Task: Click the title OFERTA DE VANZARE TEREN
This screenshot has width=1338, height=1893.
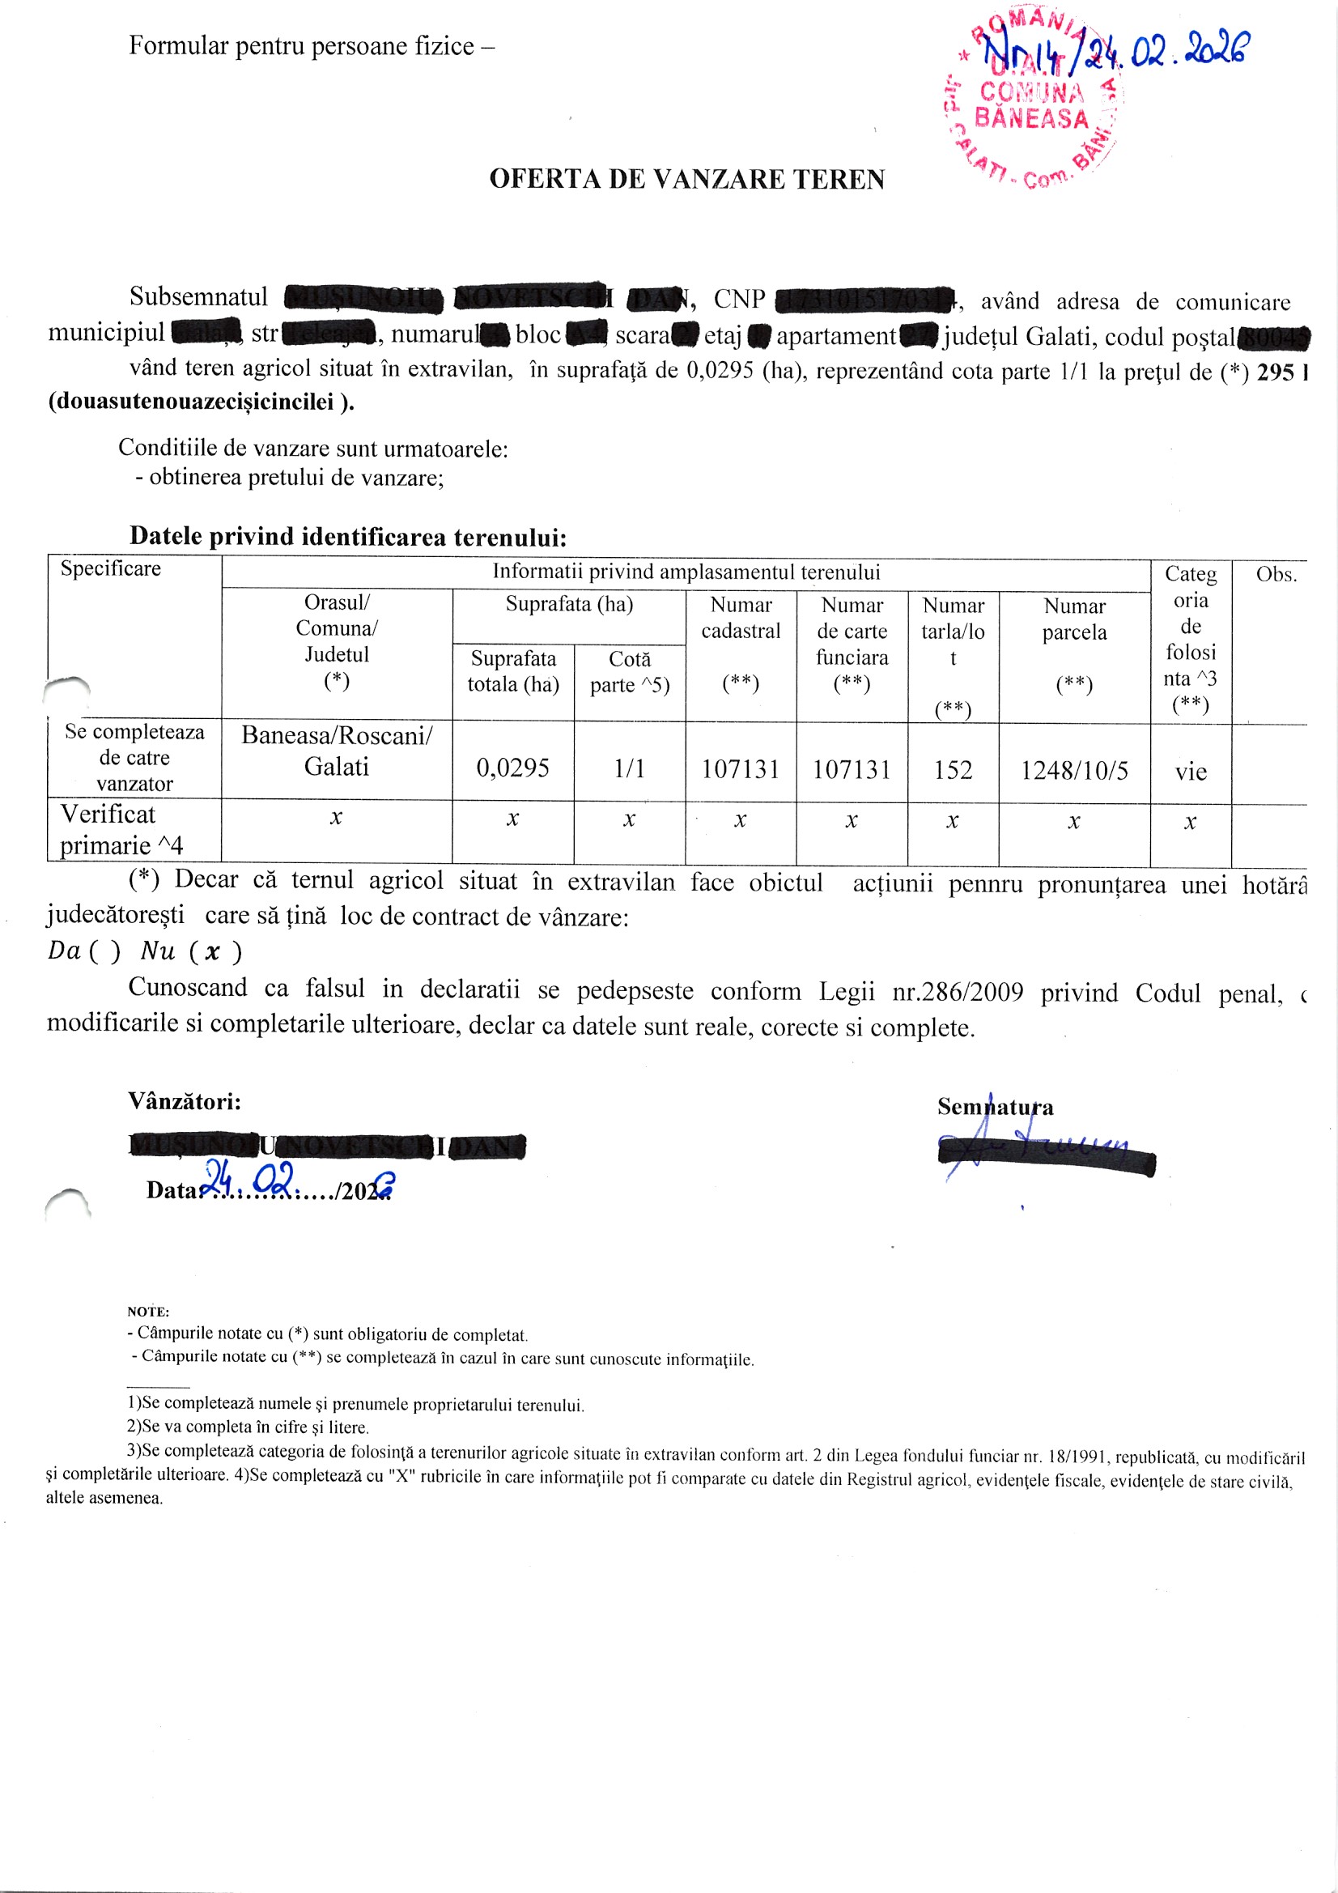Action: (686, 179)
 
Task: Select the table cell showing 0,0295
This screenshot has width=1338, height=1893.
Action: (512, 768)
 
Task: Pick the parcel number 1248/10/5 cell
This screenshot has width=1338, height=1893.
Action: (1073, 770)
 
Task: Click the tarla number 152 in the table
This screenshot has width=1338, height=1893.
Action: (952, 770)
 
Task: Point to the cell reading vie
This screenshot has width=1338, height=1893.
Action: (1190, 772)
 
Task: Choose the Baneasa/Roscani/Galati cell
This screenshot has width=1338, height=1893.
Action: (337, 751)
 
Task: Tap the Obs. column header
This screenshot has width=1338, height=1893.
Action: (1276, 575)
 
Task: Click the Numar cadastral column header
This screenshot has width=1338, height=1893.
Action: (741, 618)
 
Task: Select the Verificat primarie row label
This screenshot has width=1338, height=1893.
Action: (121, 829)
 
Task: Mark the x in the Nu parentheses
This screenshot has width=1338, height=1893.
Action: (213, 952)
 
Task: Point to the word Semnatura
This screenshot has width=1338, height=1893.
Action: (994, 1107)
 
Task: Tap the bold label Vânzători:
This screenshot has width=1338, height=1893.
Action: (185, 1100)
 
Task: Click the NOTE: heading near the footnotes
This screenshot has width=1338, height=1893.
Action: (147, 1311)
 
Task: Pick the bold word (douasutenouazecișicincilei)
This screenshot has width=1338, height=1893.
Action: (202, 402)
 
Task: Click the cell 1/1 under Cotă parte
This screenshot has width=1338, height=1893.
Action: (629, 768)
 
